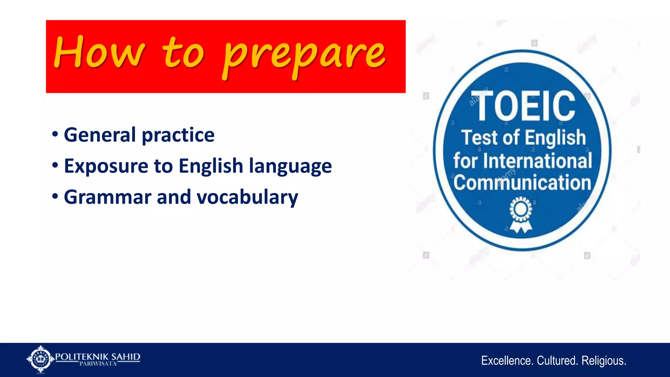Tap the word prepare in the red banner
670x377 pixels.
pyautogui.click(x=304, y=56)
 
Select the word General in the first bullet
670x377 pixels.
pyautogui.click(x=100, y=135)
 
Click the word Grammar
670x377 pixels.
pyautogui.click(x=108, y=197)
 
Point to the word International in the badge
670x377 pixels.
pyautogui.click(x=538, y=161)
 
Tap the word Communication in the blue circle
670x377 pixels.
pyautogui.click(x=522, y=183)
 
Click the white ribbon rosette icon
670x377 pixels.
pyautogui.click(x=521, y=214)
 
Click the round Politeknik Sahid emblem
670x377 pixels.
pyautogui.click(x=40, y=359)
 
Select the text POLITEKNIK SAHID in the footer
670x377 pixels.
pyautogui.click(x=97, y=356)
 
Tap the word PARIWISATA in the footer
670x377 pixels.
pyautogui.click(x=98, y=364)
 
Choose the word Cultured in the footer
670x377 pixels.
pyautogui.click(x=557, y=361)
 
